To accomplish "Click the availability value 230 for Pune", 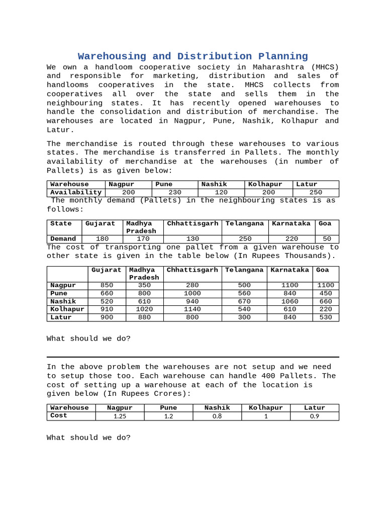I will (x=175, y=192).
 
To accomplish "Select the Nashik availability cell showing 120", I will (x=221, y=192).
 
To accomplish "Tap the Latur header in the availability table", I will (x=307, y=185).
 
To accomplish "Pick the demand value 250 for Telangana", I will (x=245, y=239).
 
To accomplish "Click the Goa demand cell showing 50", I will (x=327, y=239).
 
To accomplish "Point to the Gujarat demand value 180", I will (x=102, y=239).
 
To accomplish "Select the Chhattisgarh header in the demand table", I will (x=192, y=224).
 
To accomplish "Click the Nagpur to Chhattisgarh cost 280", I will (x=192, y=285).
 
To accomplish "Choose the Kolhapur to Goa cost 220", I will (x=326, y=309).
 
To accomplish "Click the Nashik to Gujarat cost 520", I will (x=107, y=301).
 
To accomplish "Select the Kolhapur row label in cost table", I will (x=67, y=309).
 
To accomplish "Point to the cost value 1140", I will (x=192, y=309).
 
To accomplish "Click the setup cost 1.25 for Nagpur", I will (x=120, y=416).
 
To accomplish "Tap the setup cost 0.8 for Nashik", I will (x=217, y=416).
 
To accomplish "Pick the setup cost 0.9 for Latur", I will (x=314, y=416).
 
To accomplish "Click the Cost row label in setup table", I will (x=59, y=416).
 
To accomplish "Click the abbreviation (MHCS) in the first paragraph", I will (x=325, y=67).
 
